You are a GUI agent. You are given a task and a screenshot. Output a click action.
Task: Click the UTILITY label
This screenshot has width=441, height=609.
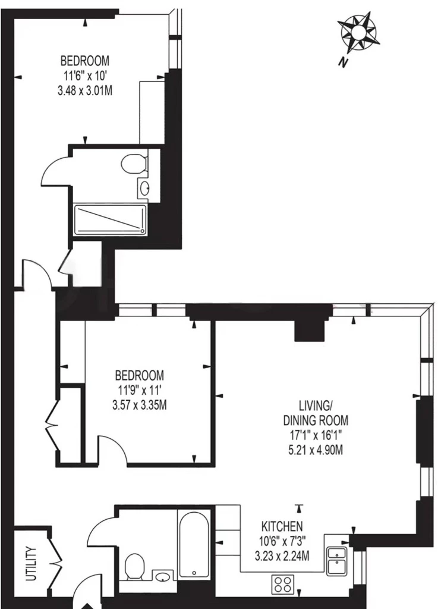(31, 563)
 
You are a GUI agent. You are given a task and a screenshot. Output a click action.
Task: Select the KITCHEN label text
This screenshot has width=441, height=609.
(282, 526)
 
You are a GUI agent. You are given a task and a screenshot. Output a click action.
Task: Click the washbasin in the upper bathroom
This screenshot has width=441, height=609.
(145, 189)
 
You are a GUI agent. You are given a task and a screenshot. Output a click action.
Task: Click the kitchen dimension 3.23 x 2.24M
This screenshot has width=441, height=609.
(282, 556)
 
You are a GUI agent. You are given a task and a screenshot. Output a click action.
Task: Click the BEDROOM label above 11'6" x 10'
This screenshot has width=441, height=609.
(85, 61)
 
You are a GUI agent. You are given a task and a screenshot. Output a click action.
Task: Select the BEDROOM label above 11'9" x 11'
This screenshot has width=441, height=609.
(139, 376)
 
